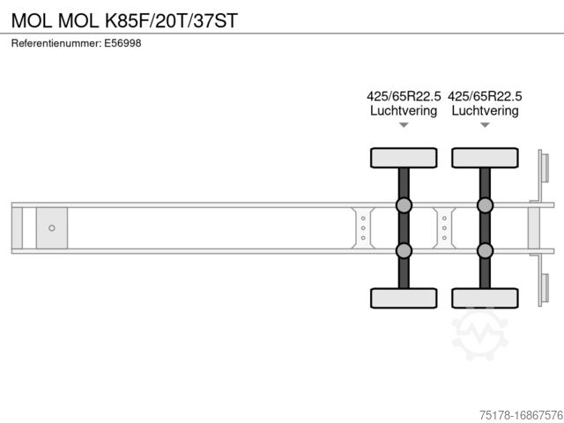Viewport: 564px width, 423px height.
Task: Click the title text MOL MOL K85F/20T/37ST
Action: point(124,19)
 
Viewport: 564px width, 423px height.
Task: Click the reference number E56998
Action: point(123,43)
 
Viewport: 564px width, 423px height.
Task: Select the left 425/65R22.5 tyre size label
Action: point(404,96)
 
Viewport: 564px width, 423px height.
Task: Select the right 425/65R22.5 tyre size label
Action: point(485,96)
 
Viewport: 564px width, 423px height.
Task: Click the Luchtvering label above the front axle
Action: point(404,111)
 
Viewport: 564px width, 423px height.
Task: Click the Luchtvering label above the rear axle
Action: point(485,111)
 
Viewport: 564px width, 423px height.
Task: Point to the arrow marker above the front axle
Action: point(404,125)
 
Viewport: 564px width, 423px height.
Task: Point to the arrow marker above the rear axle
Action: point(485,125)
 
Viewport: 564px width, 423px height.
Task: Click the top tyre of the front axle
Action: point(404,158)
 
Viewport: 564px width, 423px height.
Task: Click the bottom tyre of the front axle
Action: point(404,298)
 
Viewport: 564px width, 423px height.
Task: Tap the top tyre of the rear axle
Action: point(485,158)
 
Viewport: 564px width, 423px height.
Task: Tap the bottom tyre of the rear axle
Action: point(485,298)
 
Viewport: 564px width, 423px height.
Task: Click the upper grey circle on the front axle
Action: point(404,205)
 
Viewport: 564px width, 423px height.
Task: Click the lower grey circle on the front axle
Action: point(404,250)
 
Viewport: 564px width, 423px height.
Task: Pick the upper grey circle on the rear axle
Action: point(485,205)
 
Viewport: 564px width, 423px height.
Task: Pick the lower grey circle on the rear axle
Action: point(485,250)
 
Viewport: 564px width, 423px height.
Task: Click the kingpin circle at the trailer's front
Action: point(52,228)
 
